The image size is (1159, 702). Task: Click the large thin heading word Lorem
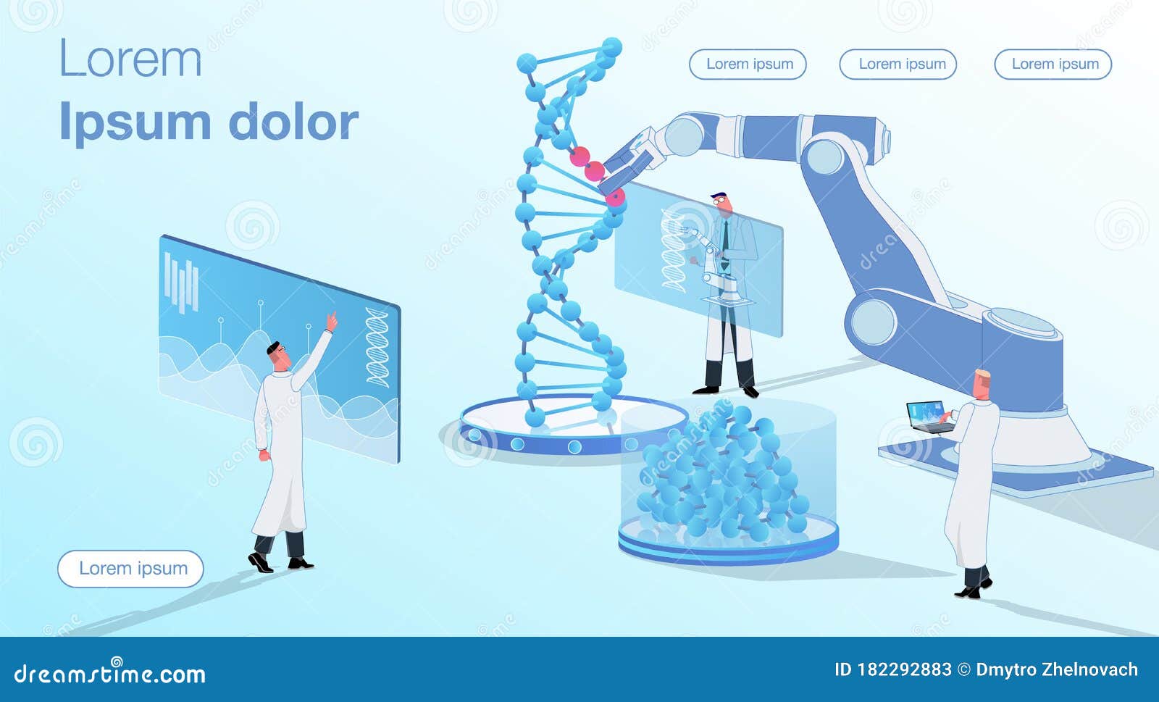(130, 59)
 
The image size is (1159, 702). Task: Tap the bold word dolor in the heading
(293, 122)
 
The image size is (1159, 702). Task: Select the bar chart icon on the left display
(181, 281)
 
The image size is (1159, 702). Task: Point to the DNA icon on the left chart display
(377, 346)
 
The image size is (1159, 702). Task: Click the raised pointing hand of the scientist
(332, 320)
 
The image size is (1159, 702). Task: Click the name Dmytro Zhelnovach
(1057, 669)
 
